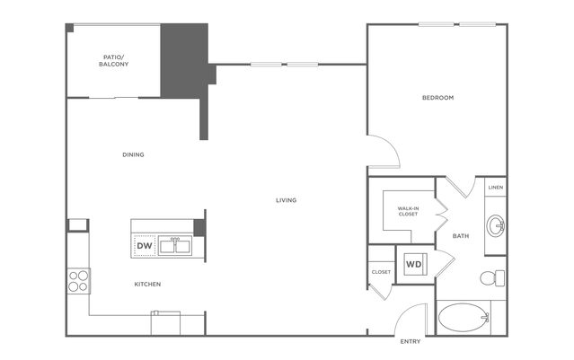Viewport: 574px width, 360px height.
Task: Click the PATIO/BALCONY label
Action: (113, 61)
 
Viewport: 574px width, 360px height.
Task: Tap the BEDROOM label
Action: (437, 97)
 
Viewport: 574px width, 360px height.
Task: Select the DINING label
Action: (133, 154)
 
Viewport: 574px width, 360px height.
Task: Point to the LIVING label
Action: (286, 199)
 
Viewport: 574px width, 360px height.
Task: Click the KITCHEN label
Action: (147, 285)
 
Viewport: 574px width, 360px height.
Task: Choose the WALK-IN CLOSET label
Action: (408, 212)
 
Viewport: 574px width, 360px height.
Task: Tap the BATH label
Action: (460, 236)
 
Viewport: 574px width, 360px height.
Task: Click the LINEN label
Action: (496, 188)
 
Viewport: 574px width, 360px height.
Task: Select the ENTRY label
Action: (410, 342)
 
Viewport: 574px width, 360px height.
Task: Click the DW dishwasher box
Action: (144, 245)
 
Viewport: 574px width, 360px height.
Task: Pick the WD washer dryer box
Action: (414, 265)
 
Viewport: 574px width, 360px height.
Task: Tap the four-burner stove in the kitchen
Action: (78, 280)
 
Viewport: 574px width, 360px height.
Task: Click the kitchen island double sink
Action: (175, 244)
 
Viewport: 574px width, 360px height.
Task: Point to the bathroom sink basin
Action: (495, 224)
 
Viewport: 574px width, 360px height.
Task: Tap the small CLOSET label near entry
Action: (380, 271)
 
